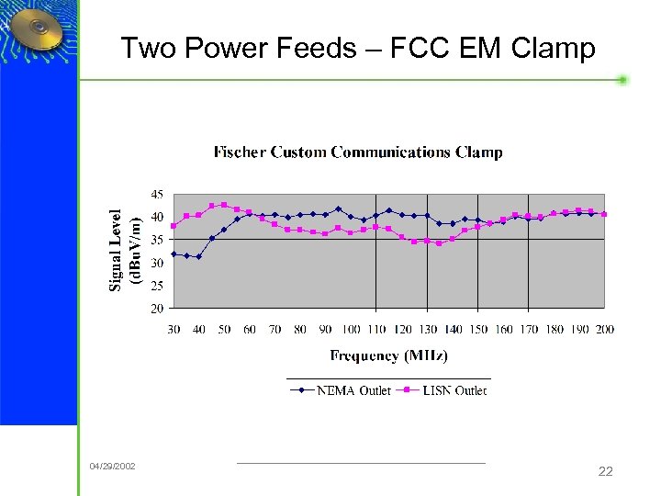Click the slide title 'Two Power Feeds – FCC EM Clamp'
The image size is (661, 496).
coord(358,48)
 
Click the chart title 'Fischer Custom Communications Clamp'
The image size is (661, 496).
coord(358,152)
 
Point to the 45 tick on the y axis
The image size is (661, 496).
coord(158,195)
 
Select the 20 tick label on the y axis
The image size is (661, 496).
coord(158,309)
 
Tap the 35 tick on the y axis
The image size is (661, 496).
coord(158,240)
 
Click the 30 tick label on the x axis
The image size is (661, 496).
coord(174,330)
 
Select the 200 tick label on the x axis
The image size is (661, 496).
coord(604,330)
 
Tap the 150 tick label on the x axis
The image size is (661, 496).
coord(478,330)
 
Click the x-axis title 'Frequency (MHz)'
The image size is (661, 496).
coord(390,355)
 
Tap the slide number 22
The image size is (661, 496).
coord(605,471)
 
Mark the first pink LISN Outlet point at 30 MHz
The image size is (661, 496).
coord(174,226)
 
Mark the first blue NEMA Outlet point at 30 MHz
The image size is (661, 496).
coord(174,254)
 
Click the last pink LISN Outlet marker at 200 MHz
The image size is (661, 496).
coord(604,214)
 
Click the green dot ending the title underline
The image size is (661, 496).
coord(622,80)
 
